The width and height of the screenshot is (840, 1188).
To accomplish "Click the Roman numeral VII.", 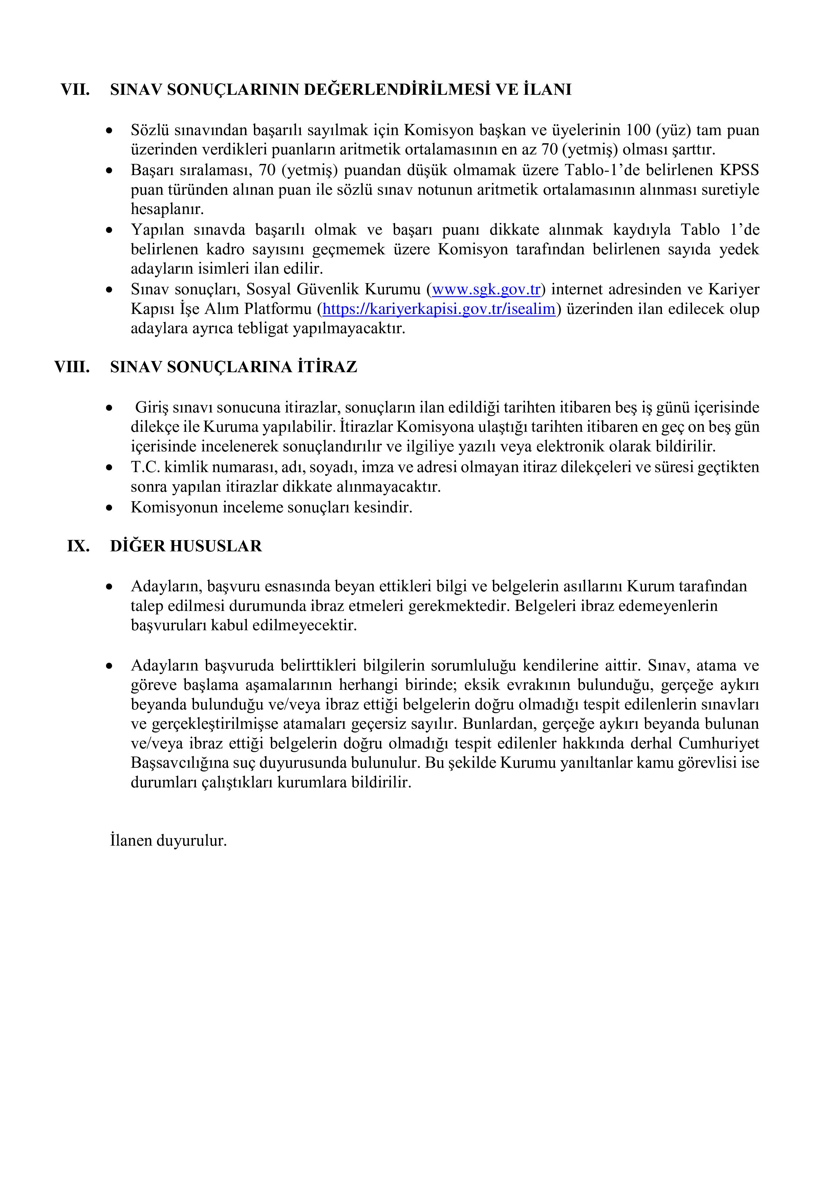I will pyautogui.click(x=75, y=89).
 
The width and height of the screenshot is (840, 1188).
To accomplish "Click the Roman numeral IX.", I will pyautogui.click(x=78, y=546).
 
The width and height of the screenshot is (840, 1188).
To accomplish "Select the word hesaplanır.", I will pyautogui.click(x=167, y=210).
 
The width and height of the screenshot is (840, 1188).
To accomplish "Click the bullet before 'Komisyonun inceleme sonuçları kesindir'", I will pyautogui.click(x=109, y=508).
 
